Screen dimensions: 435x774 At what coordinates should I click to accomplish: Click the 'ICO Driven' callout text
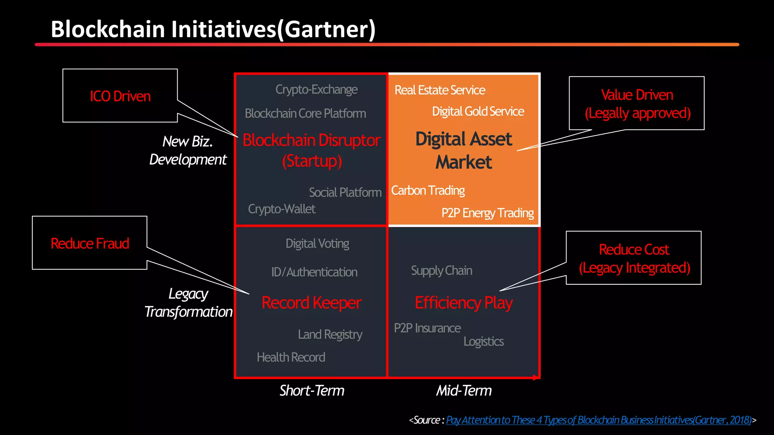[120, 96]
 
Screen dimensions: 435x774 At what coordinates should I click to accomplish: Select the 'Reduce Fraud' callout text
[90, 244]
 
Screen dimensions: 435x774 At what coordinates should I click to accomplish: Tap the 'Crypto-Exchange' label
[316, 89]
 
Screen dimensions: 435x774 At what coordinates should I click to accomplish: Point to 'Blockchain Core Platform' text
[305, 113]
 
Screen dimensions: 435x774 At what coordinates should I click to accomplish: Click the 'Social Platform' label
[345, 192]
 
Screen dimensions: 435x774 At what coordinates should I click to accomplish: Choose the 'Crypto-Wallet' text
[282, 209]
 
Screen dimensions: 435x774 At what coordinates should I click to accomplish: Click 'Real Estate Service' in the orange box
[440, 90]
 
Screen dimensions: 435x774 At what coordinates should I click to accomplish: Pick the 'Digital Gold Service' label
[478, 111]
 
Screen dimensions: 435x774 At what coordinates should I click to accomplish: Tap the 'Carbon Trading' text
[428, 190]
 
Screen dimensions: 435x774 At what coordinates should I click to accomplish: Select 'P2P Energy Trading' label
[488, 213]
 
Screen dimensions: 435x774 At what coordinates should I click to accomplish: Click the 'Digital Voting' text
[317, 244]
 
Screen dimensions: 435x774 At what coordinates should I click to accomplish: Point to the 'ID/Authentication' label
[314, 272]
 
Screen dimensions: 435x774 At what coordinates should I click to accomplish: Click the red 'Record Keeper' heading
[311, 302]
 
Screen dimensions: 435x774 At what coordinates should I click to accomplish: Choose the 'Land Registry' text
[330, 334]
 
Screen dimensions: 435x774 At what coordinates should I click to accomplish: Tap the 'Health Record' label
[291, 357]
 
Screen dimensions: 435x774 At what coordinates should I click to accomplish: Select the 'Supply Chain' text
[441, 270]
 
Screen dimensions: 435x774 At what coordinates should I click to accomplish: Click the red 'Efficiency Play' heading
[464, 302]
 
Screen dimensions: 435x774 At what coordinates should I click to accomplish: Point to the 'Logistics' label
[483, 341]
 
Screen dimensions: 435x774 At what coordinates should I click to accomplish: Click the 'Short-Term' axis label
[312, 390]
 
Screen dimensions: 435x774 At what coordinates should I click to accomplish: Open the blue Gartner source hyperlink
[599, 420]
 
